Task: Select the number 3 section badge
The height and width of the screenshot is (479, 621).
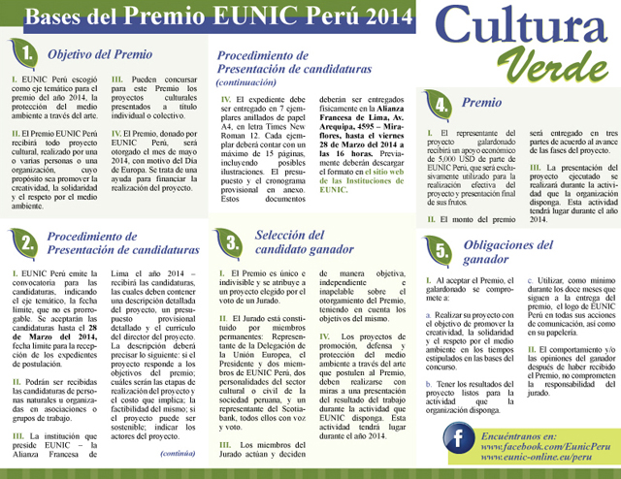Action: point(232,242)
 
